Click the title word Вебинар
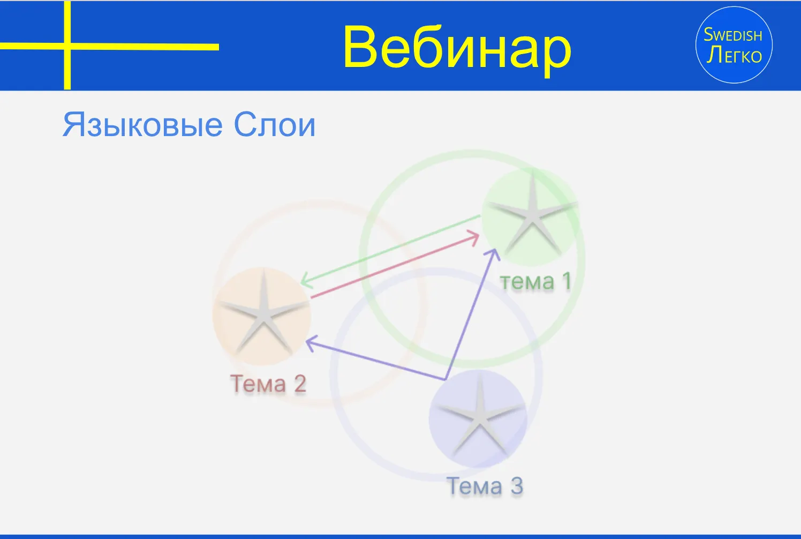tap(457, 49)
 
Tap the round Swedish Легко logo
tap(734, 45)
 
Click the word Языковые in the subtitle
tap(142, 125)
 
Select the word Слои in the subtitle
tap(275, 125)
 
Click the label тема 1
tap(535, 281)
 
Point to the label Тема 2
tap(268, 384)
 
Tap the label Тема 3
tap(485, 486)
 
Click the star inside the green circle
tap(532, 215)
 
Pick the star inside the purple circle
tap(480, 417)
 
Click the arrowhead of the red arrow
tap(474, 238)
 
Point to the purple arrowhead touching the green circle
tap(494, 253)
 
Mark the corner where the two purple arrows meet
tap(445, 379)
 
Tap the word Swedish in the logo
tap(732, 35)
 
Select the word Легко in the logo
tap(734, 56)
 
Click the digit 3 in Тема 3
tap(516, 486)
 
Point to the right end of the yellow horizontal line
tap(218, 47)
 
